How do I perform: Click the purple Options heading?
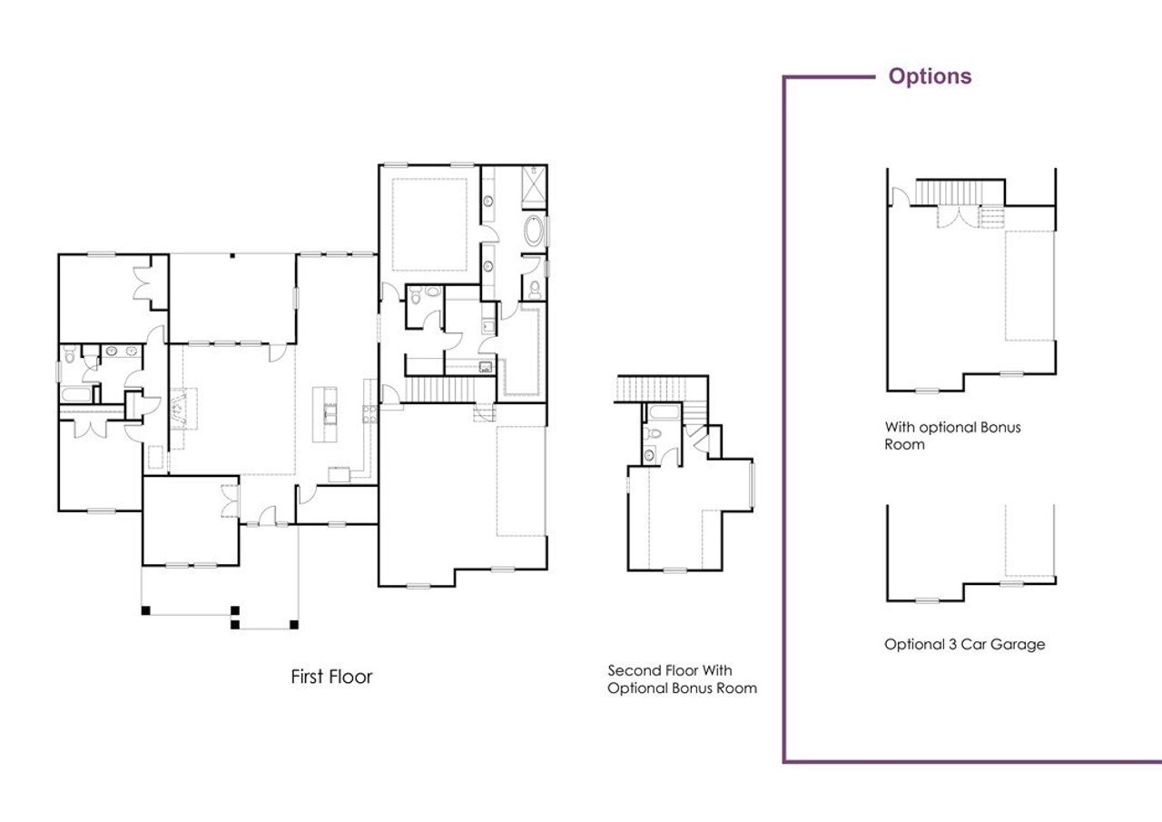pos(930,76)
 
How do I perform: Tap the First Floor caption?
pos(331,677)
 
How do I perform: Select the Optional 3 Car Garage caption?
pos(964,644)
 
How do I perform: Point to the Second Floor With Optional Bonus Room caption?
pos(682,678)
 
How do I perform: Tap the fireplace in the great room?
pos(181,407)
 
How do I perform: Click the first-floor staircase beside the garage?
pos(438,390)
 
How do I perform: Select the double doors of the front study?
pos(228,502)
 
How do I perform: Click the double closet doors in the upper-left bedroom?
pos(143,281)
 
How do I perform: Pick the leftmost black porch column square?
pos(145,610)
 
